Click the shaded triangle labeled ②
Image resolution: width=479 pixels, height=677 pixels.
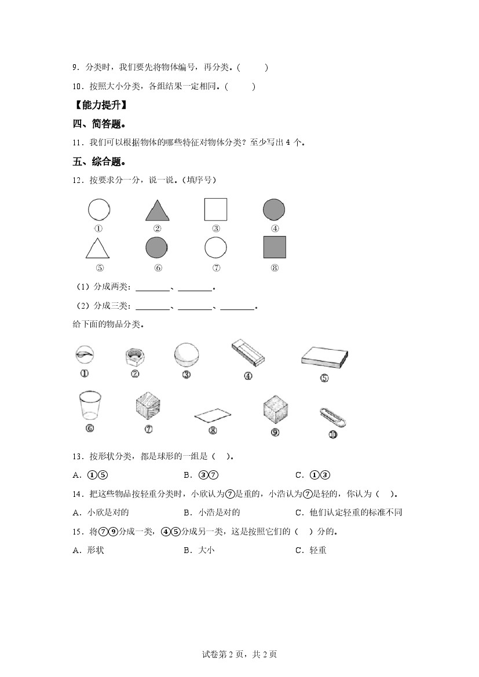tap(157, 211)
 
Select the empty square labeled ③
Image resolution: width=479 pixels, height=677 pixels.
tap(215, 209)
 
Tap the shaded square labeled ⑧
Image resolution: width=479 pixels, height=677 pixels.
tap(275, 247)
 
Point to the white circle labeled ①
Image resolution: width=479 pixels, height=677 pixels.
tap(99, 209)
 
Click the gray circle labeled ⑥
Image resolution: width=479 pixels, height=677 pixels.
tap(157, 247)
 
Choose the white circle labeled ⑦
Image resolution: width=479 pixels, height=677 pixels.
tap(215, 247)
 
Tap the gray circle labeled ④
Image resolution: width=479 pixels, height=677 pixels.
tap(274, 209)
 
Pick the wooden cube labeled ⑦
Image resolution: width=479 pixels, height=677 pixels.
tap(148, 405)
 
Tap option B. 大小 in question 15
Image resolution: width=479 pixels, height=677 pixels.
tap(199, 550)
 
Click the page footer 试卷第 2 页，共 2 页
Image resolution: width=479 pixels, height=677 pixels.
tap(239, 654)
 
